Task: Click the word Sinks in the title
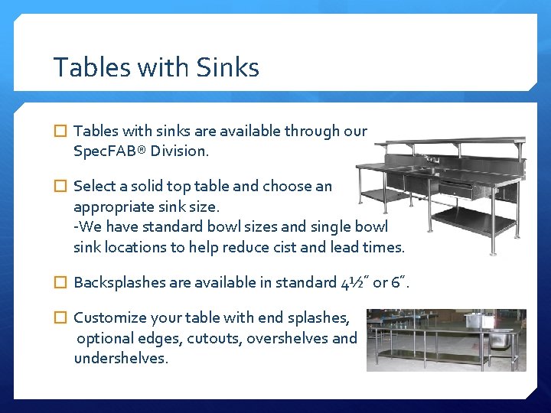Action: (x=227, y=68)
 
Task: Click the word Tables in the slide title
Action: (x=86, y=68)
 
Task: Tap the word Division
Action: (x=179, y=151)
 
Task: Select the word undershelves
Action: (x=120, y=358)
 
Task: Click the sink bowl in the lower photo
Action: (x=501, y=337)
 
